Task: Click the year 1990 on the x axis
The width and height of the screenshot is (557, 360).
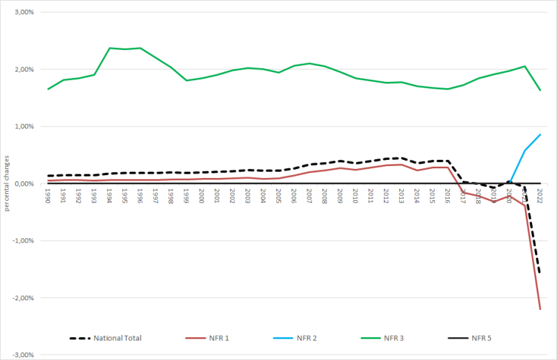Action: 48,195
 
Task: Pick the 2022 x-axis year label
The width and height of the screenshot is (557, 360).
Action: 540,195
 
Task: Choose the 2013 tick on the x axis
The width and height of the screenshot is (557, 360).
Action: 401,195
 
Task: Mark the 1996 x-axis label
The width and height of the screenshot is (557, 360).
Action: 140,195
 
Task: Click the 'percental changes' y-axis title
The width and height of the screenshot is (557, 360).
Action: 7,183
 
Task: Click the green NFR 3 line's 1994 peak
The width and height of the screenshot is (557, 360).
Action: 110,48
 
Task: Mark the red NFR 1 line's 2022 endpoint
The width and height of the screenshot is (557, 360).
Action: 540,309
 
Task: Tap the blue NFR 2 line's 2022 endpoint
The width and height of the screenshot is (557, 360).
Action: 540,135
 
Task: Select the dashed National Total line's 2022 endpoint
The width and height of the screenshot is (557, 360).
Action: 540,273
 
